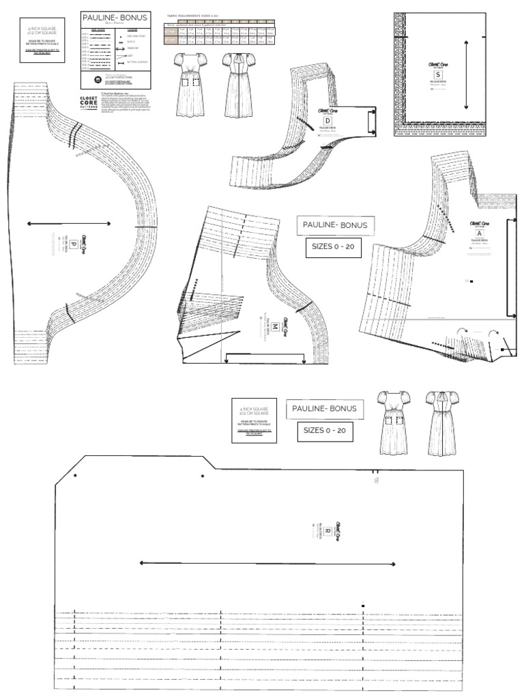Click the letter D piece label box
tap(325, 122)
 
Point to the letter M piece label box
tap(274, 328)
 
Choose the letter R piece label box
tap(327, 530)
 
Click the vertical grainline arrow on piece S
tap(466, 74)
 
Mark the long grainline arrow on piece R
tap(267, 563)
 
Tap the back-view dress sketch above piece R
tap(439, 423)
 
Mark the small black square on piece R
tap(364, 605)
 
